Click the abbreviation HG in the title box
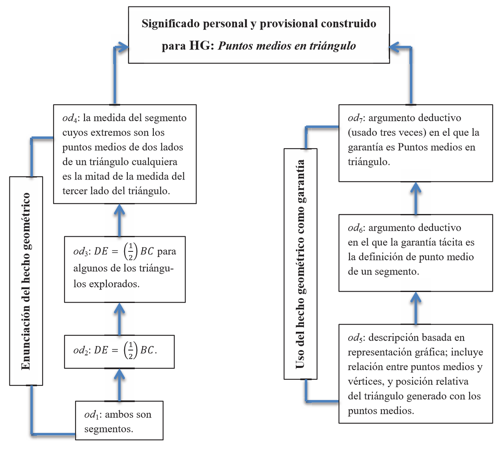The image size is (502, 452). coord(200,45)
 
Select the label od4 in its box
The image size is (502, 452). coord(70,118)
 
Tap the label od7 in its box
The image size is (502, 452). coord(355,118)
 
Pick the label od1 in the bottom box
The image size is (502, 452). coord(92,415)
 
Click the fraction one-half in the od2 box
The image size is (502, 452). coord(131,350)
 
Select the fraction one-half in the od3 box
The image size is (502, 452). coord(131,251)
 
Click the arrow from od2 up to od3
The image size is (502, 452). coord(119,319)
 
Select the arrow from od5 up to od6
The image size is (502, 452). coord(416,308)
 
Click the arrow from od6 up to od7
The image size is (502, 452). coord(416,198)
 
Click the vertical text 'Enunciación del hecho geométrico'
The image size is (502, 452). coord(26,281)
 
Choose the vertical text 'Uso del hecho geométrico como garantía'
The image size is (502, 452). coord(300,264)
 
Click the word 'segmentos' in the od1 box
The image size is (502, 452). coord(108,429)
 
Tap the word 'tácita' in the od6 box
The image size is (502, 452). coord(451,242)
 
